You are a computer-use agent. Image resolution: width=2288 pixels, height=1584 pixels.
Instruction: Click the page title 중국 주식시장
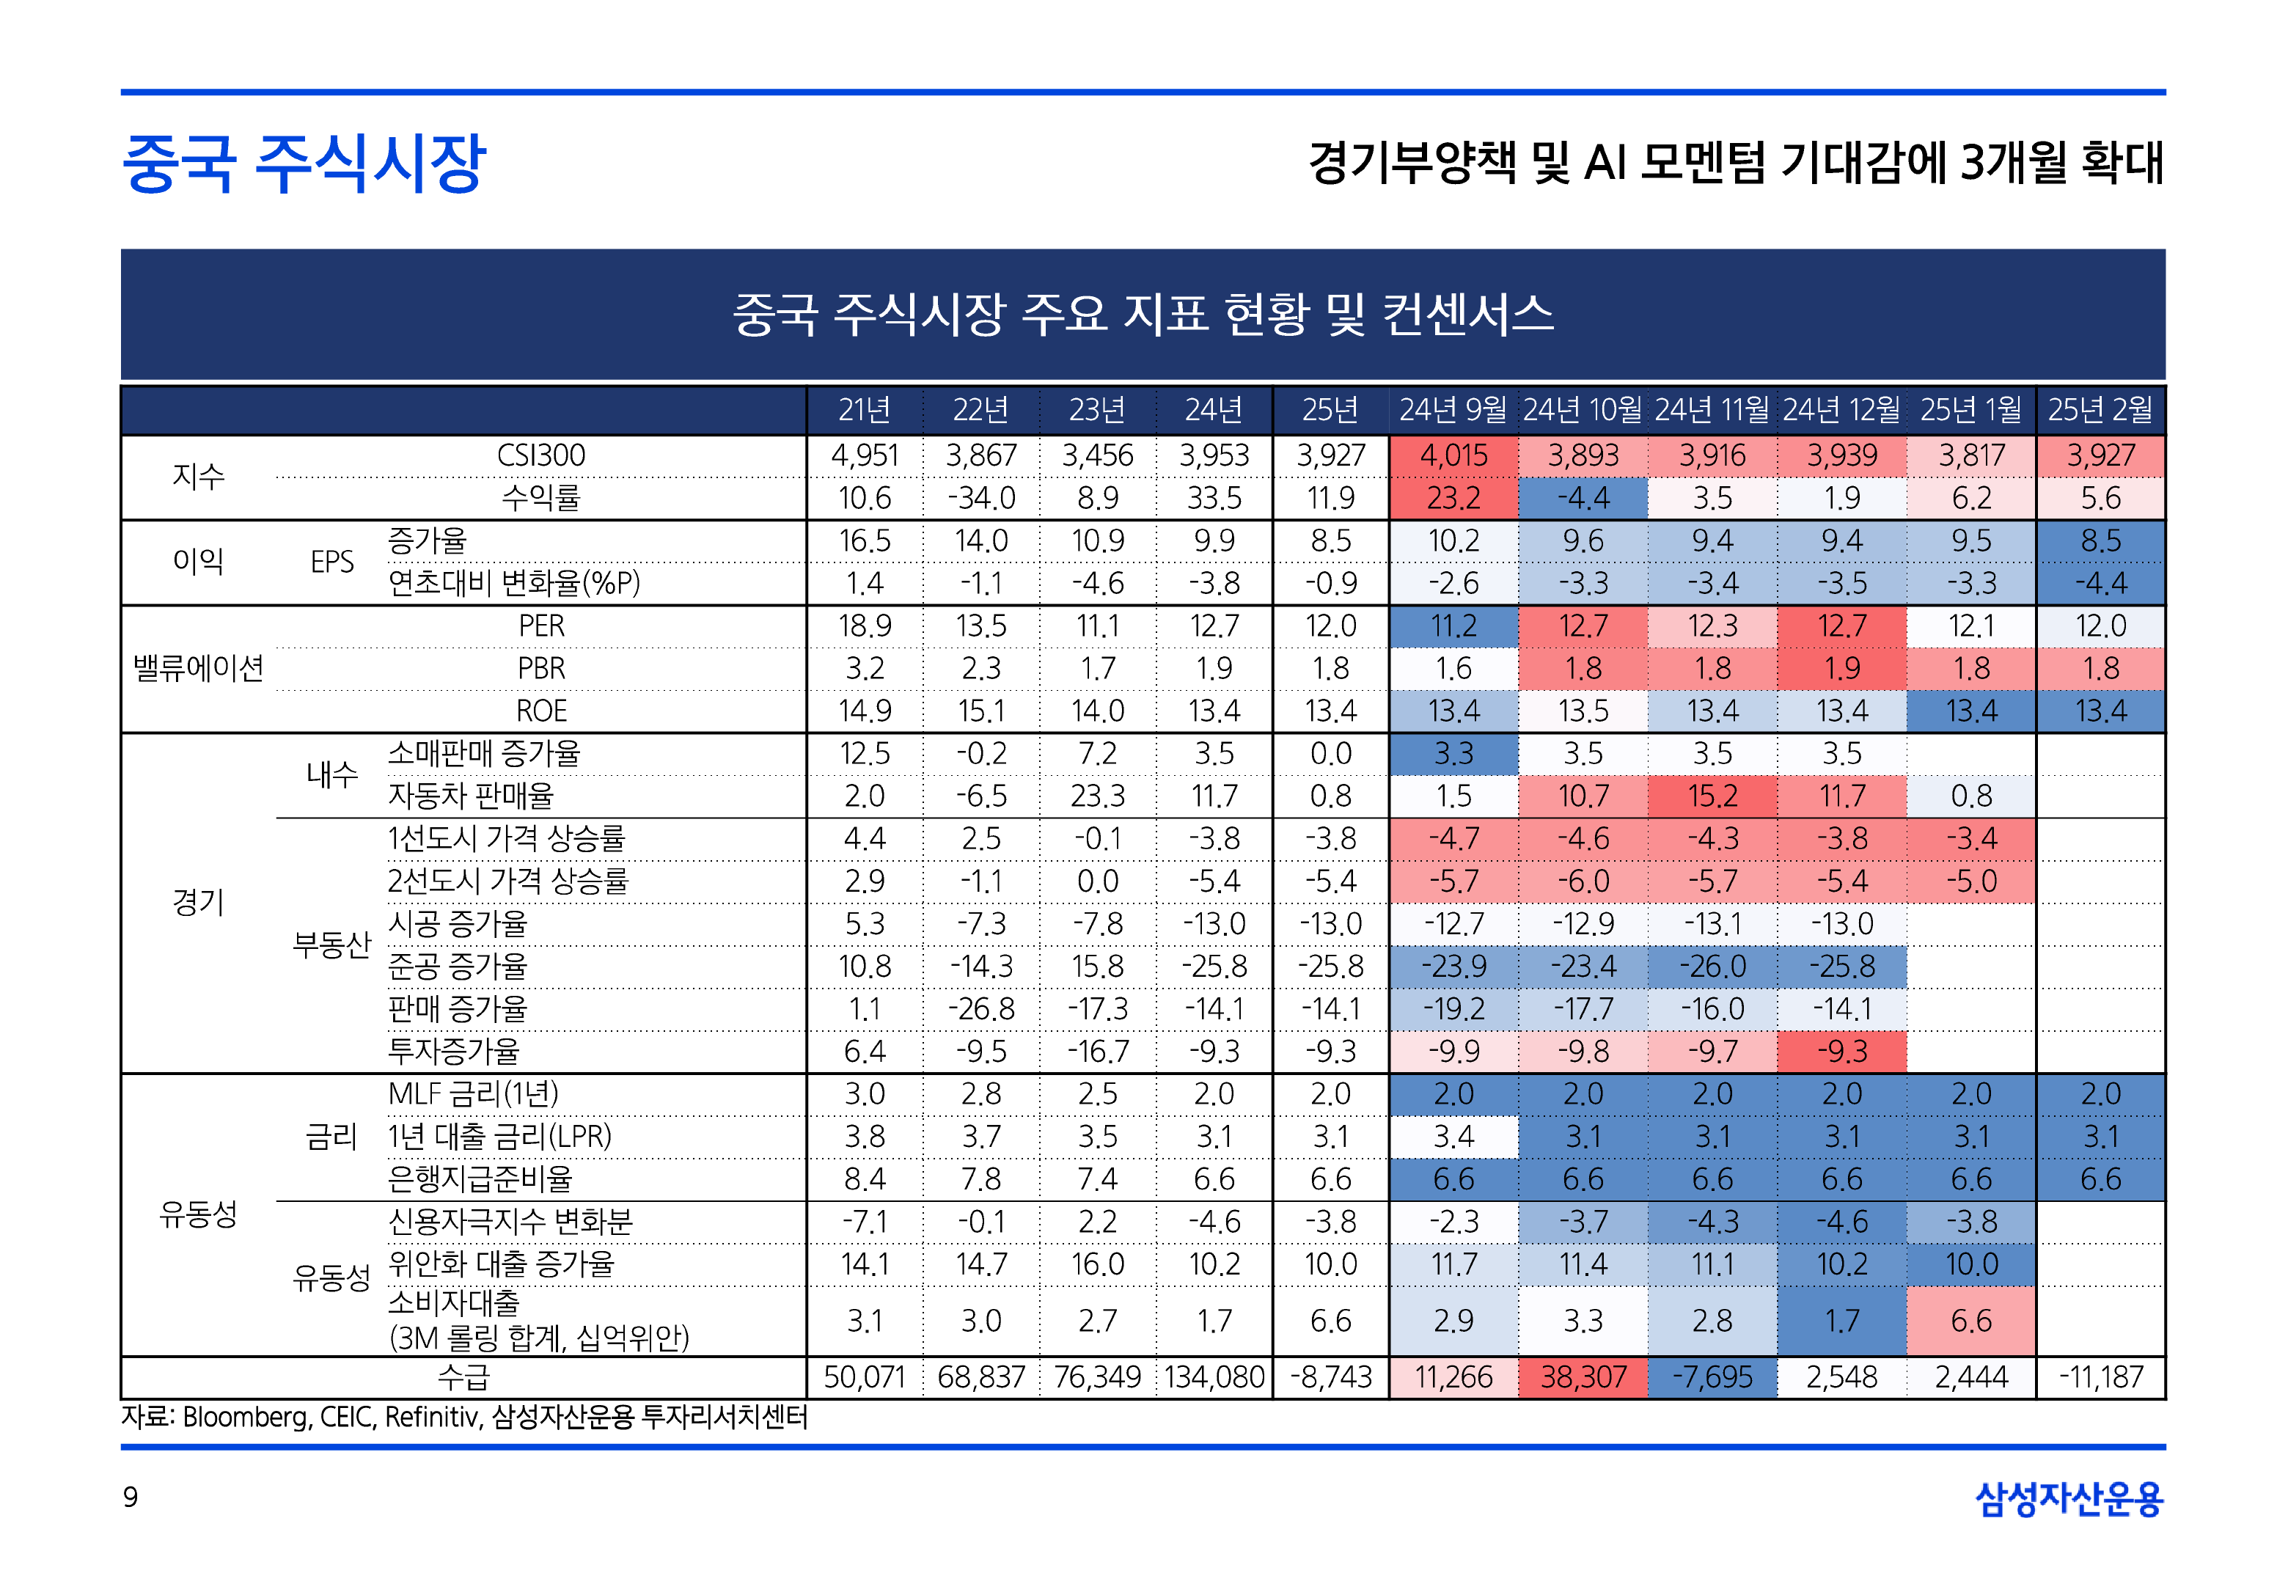(x=304, y=164)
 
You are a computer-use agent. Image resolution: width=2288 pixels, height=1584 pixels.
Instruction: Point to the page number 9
(x=130, y=1497)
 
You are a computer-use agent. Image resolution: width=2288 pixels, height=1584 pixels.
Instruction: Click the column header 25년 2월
(x=2100, y=410)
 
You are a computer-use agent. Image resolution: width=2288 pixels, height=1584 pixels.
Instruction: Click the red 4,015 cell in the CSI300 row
(x=1453, y=455)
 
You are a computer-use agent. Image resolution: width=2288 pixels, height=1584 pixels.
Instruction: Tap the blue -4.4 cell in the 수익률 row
(x=1583, y=498)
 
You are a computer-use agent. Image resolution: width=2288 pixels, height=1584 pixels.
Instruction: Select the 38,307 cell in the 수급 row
(x=1583, y=1377)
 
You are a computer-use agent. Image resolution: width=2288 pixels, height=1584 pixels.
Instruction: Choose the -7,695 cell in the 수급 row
(x=1712, y=1377)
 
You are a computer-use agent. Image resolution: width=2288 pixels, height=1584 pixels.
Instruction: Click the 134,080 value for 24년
(x=1214, y=1377)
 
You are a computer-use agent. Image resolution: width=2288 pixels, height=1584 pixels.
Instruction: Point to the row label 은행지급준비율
(x=480, y=1179)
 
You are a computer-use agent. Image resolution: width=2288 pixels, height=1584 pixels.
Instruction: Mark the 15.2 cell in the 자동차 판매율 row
(x=1712, y=796)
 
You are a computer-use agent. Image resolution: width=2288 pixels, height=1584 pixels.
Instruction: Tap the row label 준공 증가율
(x=458, y=966)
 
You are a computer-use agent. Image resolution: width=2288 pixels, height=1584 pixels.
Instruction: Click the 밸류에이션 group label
(x=199, y=669)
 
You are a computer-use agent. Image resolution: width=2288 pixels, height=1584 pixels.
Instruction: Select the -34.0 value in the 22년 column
(x=980, y=498)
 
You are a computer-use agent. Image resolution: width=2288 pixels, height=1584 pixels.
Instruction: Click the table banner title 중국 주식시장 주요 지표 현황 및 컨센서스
(x=1143, y=315)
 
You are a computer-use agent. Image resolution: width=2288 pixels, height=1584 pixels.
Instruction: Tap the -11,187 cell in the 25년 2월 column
(x=2100, y=1377)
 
